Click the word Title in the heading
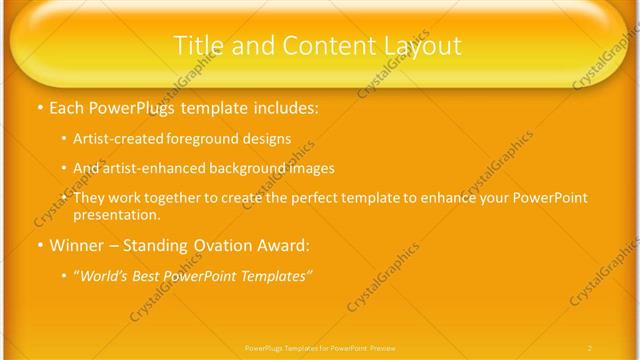(198, 45)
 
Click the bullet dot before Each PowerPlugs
(38, 105)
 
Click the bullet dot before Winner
(38, 245)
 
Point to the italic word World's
(103, 276)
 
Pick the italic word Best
(150, 276)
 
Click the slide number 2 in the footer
(590, 347)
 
